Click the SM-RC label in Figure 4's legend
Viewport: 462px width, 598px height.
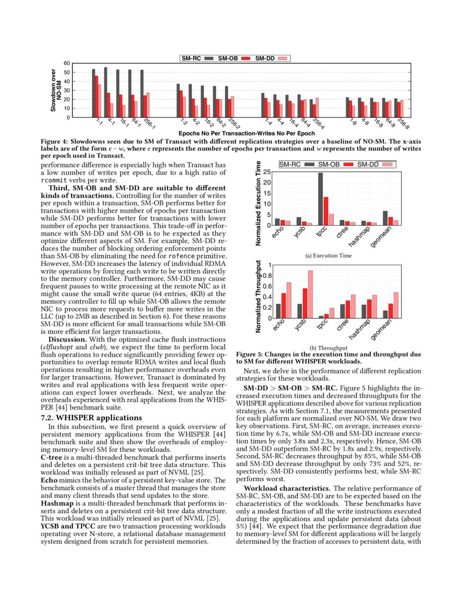click(192, 58)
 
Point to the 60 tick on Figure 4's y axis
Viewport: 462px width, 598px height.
click(67, 64)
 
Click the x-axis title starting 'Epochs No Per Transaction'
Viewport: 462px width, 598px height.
click(239, 133)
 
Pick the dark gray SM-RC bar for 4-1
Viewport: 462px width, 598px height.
click(105, 92)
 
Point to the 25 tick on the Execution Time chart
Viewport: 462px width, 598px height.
click(267, 172)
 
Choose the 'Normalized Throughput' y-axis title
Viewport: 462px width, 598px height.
click(259, 296)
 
